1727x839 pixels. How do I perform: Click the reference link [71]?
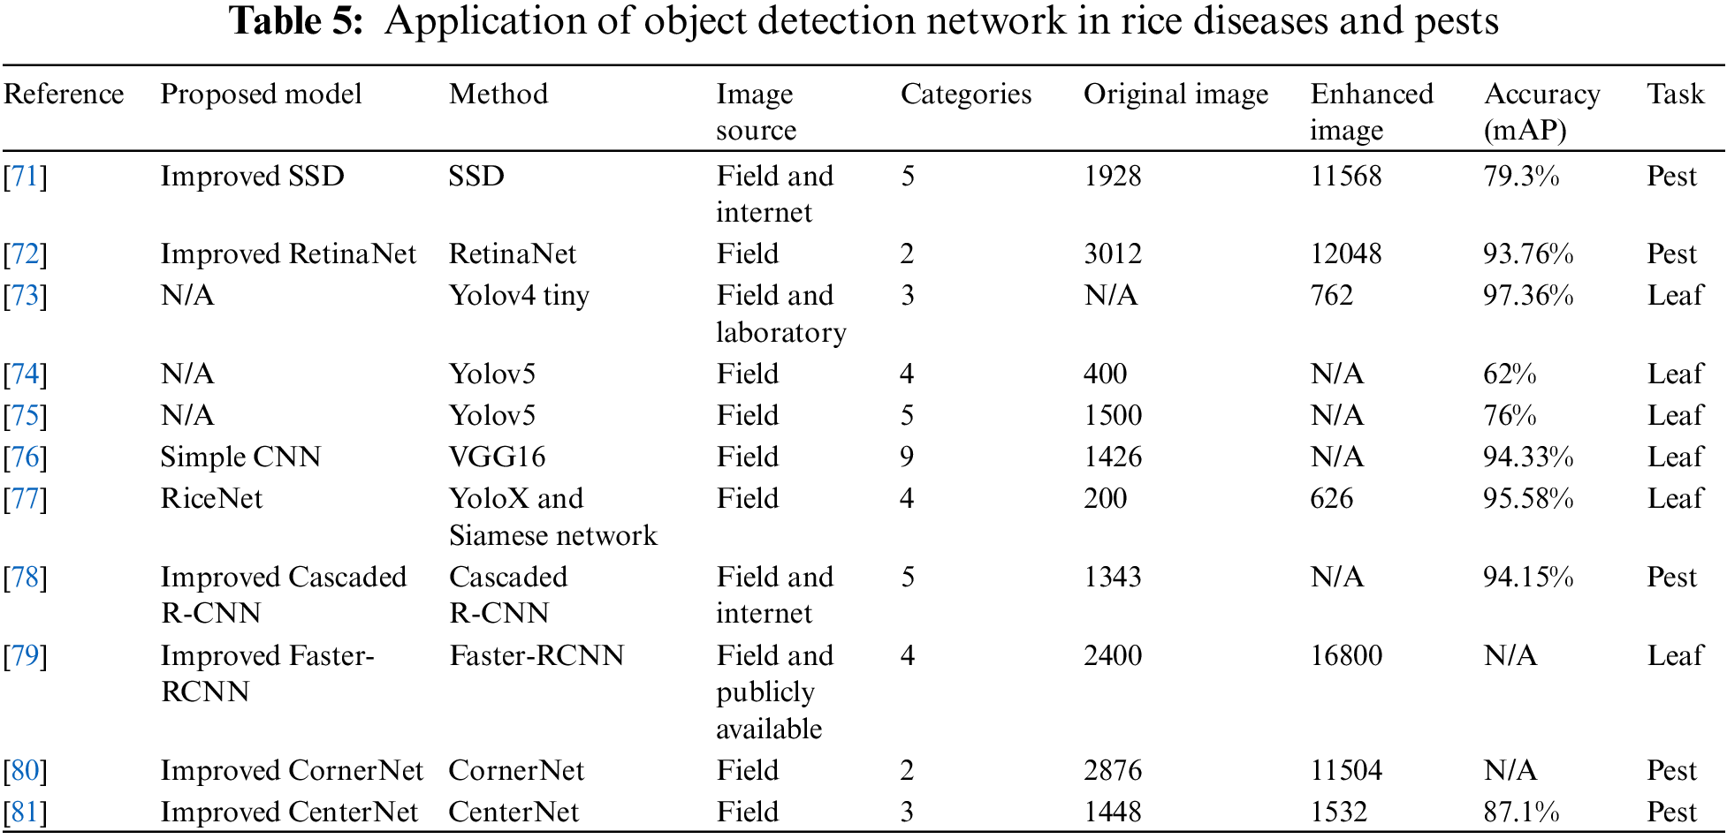(x=25, y=177)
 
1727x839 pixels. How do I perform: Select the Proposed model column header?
(x=261, y=94)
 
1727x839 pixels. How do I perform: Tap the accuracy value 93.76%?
(x=1528, y=254)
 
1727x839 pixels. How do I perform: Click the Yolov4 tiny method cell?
(x=518, y=296)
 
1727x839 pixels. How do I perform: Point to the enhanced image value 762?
(x=1331, y=296)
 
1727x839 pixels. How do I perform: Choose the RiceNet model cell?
(x=211, y=499)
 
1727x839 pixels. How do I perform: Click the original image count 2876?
(x=1113, y=771)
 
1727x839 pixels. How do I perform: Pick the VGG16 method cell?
(x=497, y=457)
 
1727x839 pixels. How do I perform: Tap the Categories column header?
(x=966, y=94)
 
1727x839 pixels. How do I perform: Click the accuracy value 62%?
(x=1510, y=374)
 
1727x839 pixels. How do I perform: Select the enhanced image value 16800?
(x=1346, y=656)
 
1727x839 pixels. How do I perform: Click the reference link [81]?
(x=25, y=813)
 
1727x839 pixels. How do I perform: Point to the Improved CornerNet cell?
(x=292, y=771)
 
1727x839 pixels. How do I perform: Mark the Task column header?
(x=1675, y=94)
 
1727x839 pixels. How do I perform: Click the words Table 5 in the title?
(x=296, y=21)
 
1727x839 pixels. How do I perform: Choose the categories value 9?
(x=907, y=457)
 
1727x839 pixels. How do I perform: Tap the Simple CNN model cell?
(x=240, y=457)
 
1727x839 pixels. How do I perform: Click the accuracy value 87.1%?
(x=1521, y=813)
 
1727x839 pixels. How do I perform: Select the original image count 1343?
(x=1113, y=578)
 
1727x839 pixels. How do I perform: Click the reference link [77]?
(x=25, y=499)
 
